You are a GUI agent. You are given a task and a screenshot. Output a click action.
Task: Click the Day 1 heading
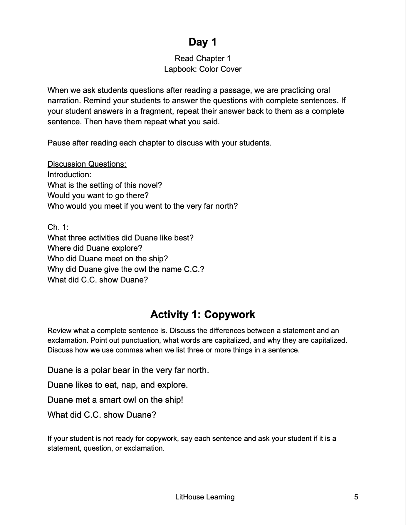point(202,42)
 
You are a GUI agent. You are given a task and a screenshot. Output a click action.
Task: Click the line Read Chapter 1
point(202,58)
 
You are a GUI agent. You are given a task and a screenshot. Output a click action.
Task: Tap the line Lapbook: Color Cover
point(203,69)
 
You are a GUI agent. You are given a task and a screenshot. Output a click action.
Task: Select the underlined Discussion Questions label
point(87,164)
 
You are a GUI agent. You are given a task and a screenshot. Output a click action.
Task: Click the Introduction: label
point(69,175)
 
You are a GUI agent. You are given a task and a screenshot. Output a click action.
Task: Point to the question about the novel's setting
point(105,185)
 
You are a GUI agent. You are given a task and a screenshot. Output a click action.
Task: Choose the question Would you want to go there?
point(98,195)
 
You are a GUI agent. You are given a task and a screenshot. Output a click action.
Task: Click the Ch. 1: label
point(58,227)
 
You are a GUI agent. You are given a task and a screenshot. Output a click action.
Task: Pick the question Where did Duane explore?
point(95,248)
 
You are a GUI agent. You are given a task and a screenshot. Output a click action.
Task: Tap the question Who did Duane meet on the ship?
point(108,259)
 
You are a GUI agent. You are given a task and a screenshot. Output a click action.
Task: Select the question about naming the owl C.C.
point(126,269)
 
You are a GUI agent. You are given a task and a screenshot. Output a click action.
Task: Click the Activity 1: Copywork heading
point(202,315)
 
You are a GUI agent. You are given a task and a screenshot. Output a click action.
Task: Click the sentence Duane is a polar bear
point(128,370)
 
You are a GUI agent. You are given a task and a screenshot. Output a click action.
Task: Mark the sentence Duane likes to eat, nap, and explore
point(118,385)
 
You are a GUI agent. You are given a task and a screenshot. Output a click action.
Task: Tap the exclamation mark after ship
point(182,400)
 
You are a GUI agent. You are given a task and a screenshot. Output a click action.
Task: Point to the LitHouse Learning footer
point(205,497)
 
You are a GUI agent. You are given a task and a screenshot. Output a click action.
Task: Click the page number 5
point(356,497)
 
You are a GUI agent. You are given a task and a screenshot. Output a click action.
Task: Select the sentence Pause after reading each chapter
point(159,143)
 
